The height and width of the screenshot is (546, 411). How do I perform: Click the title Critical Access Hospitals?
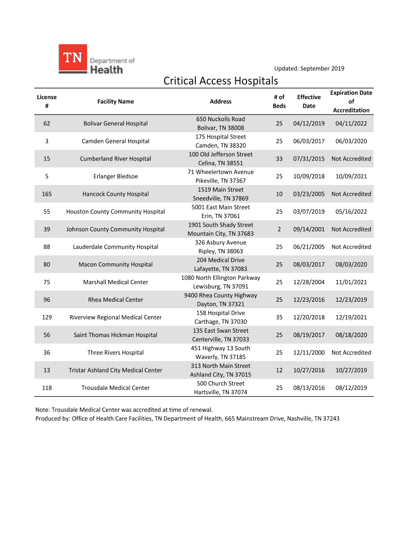pyautogui.click(x=220, y=81)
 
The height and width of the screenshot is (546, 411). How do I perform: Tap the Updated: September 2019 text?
pyautogui.click(x=309, y=68)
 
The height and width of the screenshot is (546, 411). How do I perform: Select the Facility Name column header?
pyautogui.click(x=115, y=101)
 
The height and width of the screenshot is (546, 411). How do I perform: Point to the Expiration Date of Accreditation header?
pyautogui.click(x=351, y=101)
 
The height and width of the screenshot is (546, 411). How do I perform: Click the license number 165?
pyautogui.click(x=46, y=194)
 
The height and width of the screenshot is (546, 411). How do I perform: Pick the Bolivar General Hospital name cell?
pyautogui.click(x=115, y=124)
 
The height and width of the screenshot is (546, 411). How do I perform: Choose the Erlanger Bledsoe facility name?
pyautogui.click(x=115, y=176)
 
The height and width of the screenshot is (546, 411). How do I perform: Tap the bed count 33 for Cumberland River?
pyautogui.click(x=279, y=159)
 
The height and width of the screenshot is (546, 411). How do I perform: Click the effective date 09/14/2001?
pyautogui.click(x=309, y=229)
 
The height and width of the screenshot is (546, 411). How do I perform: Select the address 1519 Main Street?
pyautogui.click(x=220, y=190)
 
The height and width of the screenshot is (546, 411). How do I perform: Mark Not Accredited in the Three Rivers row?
pyautogui.click(x=351, y=352)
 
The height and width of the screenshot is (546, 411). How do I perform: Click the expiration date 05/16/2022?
pyautogui.click(x=351, y=212)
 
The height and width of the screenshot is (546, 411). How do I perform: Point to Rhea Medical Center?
pyautogui.click(x=115, y=300)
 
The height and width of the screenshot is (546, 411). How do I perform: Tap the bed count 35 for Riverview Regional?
pyautogui.click(x=279, y=317)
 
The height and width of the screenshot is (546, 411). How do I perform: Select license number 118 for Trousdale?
pyautogui.click(x=46, y=388)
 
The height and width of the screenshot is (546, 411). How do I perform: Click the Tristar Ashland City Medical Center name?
pyautogui.click(x=115, y=370)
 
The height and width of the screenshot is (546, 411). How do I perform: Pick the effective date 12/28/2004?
pyautogui.click(x=309, y=282)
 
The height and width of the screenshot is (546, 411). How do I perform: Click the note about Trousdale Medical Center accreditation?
pyautogui.click(x=124, y=409)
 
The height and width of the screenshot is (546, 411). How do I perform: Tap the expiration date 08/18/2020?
pyautogui.click(x=351, y=335)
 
